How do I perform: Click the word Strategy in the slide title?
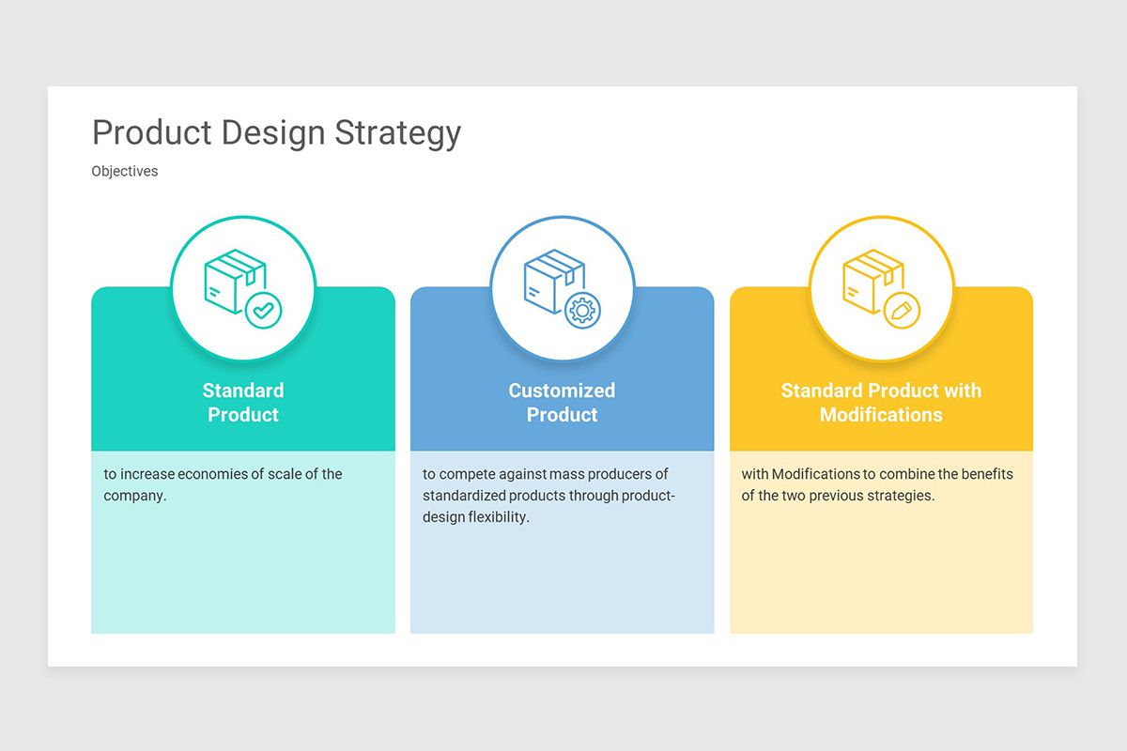click(397, 134)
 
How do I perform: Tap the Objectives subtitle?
click(125, 172)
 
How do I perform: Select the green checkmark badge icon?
click(263, 310)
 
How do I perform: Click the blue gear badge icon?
click(582, 310)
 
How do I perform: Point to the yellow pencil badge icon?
click(902, 310)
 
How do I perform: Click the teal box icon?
click(233, 280)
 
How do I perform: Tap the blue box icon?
click(552, 280)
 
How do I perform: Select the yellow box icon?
click(872, 280)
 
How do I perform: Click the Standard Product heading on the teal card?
click(243, 403)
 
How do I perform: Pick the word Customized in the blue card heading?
click(562, 391)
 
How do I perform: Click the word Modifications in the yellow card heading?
click(881, 415)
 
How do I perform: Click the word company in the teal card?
click(133, 496)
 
